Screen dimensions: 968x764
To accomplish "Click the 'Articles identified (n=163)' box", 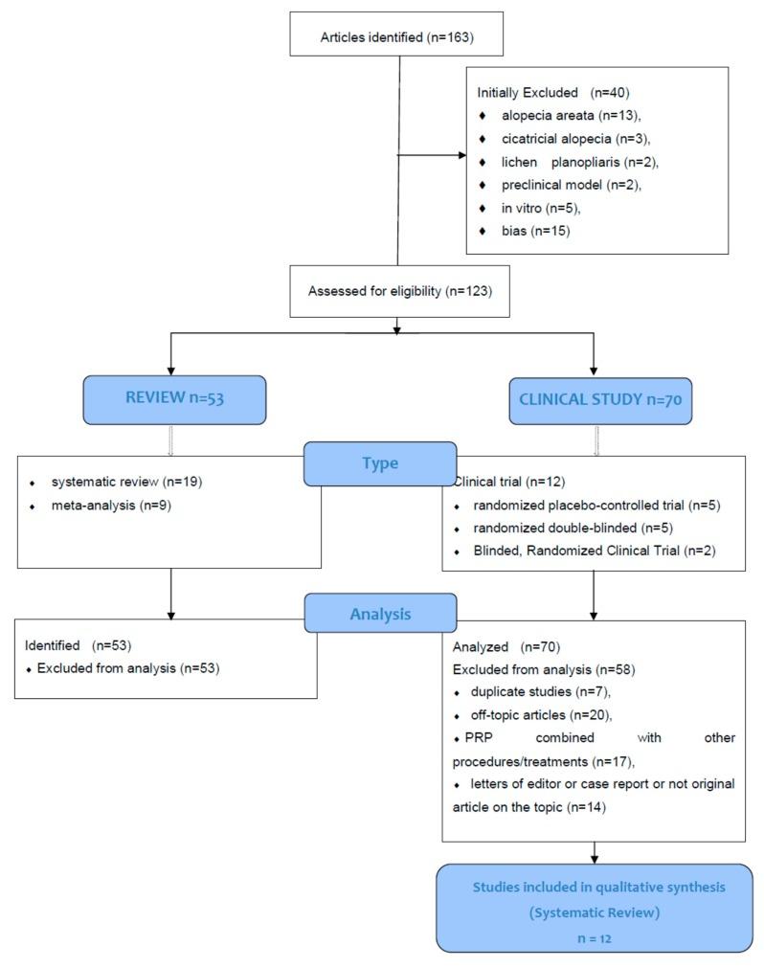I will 397,38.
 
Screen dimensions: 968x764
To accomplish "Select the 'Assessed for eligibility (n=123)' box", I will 399,291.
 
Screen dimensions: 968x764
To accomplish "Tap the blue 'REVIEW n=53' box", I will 174,398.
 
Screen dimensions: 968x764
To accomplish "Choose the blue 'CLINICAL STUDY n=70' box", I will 599,399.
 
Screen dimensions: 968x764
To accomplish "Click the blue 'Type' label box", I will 379,463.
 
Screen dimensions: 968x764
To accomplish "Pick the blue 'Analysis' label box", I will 379,614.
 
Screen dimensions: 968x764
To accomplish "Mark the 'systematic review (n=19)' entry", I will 126,482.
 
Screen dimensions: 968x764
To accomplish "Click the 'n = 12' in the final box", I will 594,938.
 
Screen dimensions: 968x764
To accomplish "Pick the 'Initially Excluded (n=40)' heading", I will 552,93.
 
